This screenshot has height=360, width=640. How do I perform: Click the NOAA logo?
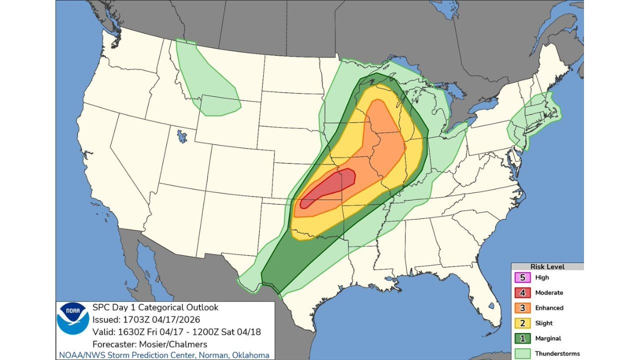[73, 318]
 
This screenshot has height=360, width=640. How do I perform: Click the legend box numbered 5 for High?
[522, 277]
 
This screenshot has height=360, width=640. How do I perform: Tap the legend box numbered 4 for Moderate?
[522, 292]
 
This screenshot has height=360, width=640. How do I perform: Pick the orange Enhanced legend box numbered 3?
[522, 308]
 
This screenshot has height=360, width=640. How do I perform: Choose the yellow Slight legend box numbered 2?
[522, 323]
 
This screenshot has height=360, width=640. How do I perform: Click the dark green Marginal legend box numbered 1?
[522, 338]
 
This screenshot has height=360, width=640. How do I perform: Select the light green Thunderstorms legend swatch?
[522, 353]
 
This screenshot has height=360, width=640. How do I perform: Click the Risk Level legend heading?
[547, 267]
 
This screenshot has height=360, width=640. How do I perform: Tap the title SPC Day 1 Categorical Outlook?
[155, 307]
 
